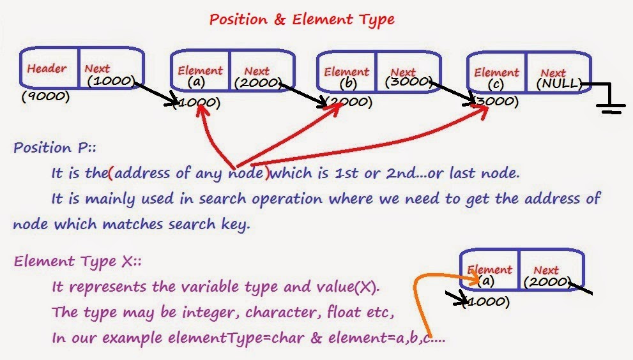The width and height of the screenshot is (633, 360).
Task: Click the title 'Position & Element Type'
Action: click(x=301, y=20)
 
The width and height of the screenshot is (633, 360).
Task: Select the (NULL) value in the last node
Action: click(x=560, y=84)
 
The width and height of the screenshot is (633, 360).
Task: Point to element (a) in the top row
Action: click(x=199, y=82)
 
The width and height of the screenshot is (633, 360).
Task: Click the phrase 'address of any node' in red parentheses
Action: click(x=190, y=174)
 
